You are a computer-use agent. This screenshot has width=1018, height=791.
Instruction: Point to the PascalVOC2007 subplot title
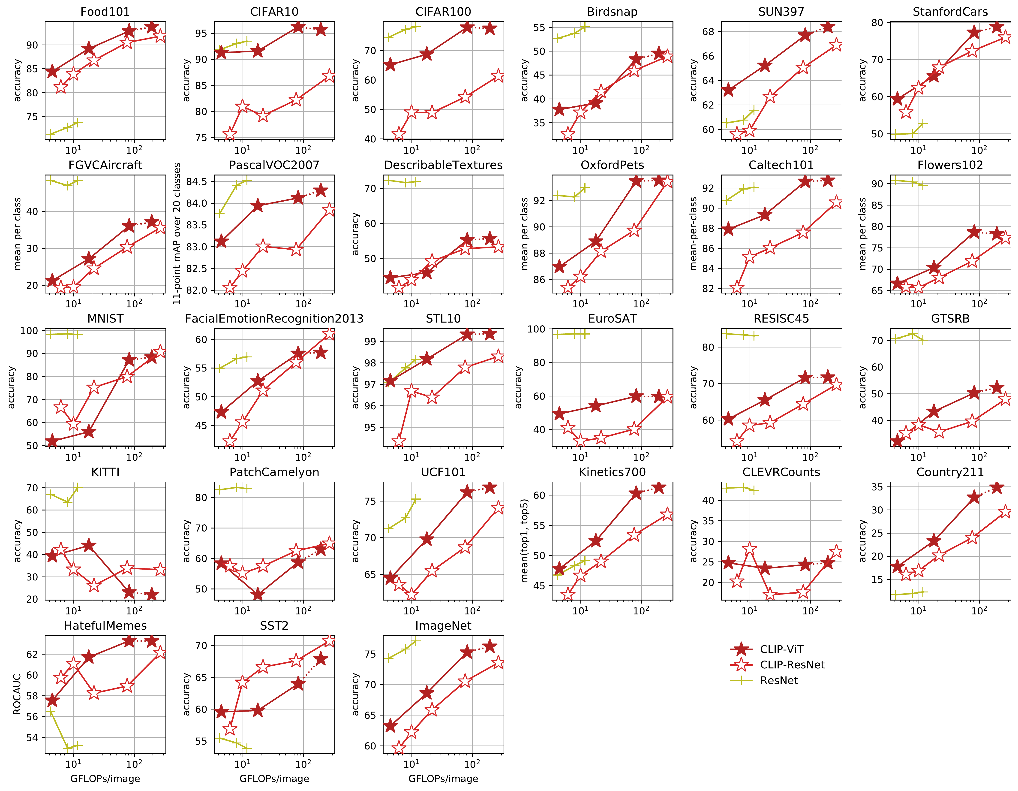click(x=274, y=165)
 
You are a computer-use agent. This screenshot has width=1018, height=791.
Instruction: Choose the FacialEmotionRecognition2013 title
click(x=274, y=319)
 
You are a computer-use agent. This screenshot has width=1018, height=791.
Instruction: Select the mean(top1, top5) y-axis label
click(x=524, y=540)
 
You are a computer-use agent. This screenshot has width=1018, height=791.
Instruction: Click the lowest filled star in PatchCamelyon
click(x=258, y=595)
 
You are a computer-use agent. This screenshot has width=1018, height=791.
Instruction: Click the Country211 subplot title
click(x=950, y=472)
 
